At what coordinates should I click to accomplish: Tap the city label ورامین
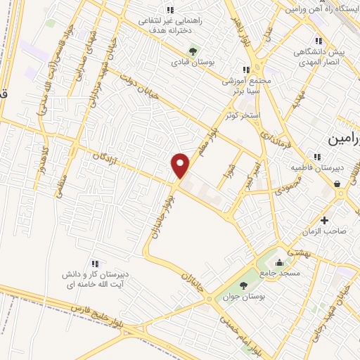pyautogui.click(x=344, y=139)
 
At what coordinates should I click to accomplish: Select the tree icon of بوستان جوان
pyautogui.click(x=243, y=285)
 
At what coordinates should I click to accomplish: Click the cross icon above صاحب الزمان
pyautogui.click(x=323, y=221)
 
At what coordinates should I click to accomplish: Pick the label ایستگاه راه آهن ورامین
pyautogui.click(x=323, y=9)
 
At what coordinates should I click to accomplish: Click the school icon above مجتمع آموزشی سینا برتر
pyautogui.click(x=245, y=70)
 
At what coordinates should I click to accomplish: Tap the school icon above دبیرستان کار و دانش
pyautogui.click(x=95, y=263)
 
